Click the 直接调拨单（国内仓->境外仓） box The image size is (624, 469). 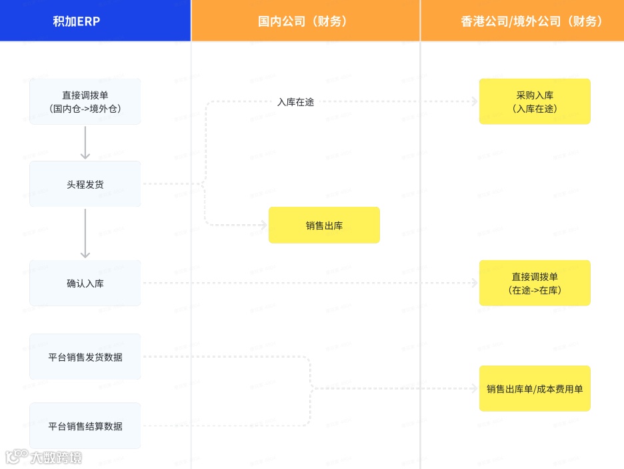85,101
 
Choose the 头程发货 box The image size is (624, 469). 85,184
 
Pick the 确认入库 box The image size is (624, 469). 85,284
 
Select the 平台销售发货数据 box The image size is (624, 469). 85,357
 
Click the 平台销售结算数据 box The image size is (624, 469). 85,426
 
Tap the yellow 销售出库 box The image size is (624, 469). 324,225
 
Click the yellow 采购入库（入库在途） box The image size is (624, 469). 535,101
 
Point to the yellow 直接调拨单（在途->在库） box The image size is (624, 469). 535,284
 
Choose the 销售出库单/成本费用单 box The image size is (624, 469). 535,388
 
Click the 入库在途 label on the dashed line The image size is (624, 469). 295,102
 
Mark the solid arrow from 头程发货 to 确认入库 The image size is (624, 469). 85,233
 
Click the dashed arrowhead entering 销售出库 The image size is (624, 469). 263,225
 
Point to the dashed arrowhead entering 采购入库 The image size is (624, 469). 474,102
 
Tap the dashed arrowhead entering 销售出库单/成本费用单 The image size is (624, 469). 474,388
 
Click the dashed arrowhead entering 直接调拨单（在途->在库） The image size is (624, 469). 474,284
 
